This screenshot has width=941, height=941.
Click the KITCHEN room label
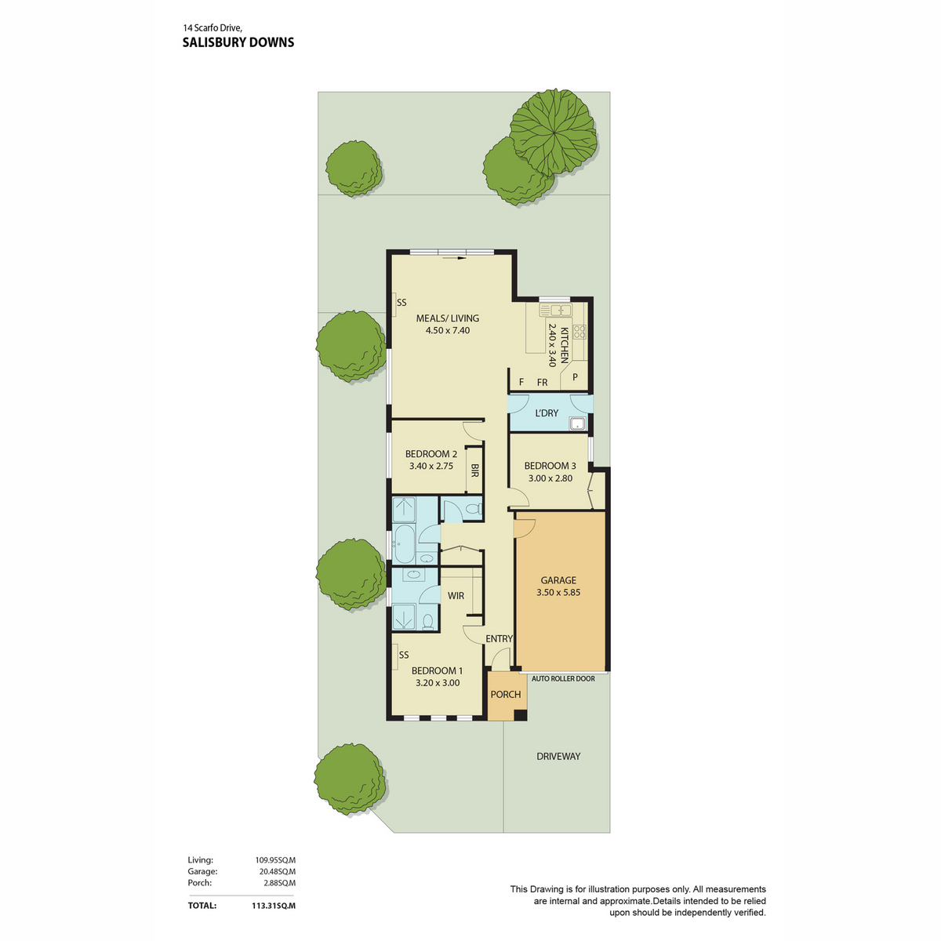pyautogui.click(x=564, y=345)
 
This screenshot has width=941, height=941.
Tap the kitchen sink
pyautogui.click(x=555, y=310)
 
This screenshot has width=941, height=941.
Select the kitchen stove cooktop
pyautogui.click(x=579, y=332)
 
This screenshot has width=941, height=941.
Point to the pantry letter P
pyautogui.click(x=575, y=377)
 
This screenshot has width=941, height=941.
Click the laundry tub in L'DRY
pyautogui.click(x=576, y=423)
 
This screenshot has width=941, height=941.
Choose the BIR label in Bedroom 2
pyautogui.click(x=474, y=470)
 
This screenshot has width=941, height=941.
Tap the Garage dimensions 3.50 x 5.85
pyautogui.click(x=558, y=592)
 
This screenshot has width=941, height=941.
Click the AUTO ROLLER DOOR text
pyautogui.click(x=563, y=678)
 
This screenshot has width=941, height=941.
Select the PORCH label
pyautogui.click(x=506, y=694)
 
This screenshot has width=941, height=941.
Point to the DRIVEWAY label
pyautogui.click(x=558, y=756)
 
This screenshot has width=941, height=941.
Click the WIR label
pyautogui.click(x=456, y=595)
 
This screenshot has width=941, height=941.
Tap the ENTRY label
pyautogui.click(x=499, y=638)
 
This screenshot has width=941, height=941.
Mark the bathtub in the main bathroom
pyautogui.click(x=404, y=543)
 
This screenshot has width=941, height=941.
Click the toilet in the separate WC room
pyautogui.click(x=473, y=509)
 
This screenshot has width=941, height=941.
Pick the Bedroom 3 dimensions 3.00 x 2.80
pyautogui.click(x=550, y=478)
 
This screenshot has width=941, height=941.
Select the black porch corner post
pyautogui.click(x=521, y=715)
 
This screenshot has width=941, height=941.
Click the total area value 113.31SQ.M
pyautogui.click(x=274, y=905)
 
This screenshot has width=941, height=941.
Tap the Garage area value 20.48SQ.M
pyautogui.click(x=275, y=870)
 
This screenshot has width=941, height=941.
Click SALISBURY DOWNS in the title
pyautogui.click(x=238, y=42)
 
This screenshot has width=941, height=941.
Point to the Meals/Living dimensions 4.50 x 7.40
pyautogui.click(x=447, y=330)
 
